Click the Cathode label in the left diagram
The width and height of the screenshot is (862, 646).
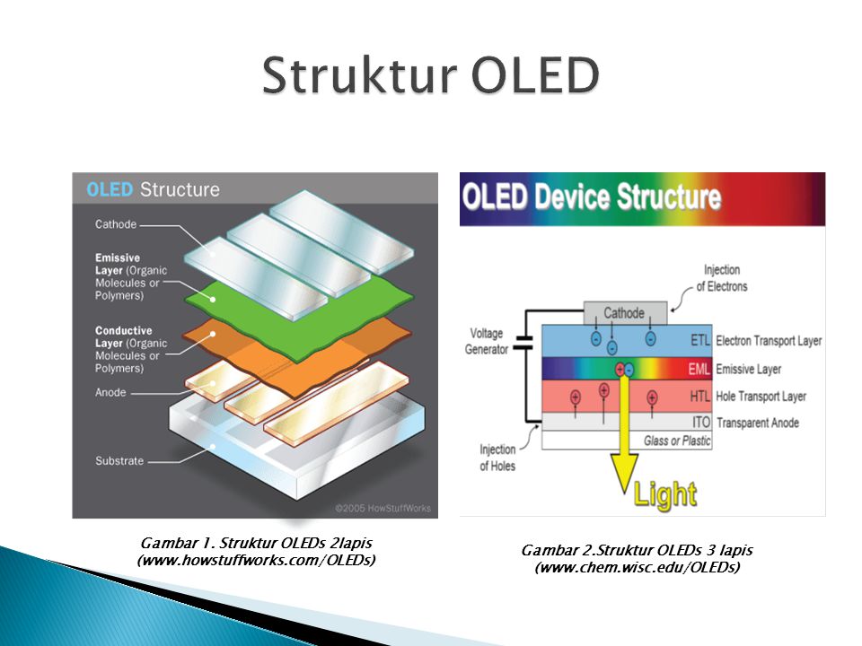coord(116,224)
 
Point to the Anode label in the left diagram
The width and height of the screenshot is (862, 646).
coord(110,393)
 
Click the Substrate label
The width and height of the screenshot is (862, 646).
coord(119,461)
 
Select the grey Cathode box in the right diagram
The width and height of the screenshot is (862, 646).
coord(624,313)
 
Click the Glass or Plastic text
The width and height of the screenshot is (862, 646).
coord(677,441)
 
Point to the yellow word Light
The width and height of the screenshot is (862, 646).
coord(664,493)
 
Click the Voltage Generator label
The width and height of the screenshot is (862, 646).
coord(487,341)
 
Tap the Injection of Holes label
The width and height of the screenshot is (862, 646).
coord(497,458)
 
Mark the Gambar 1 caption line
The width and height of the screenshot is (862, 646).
coord(257,544)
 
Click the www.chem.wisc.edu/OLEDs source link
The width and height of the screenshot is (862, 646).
coord(637,568)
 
